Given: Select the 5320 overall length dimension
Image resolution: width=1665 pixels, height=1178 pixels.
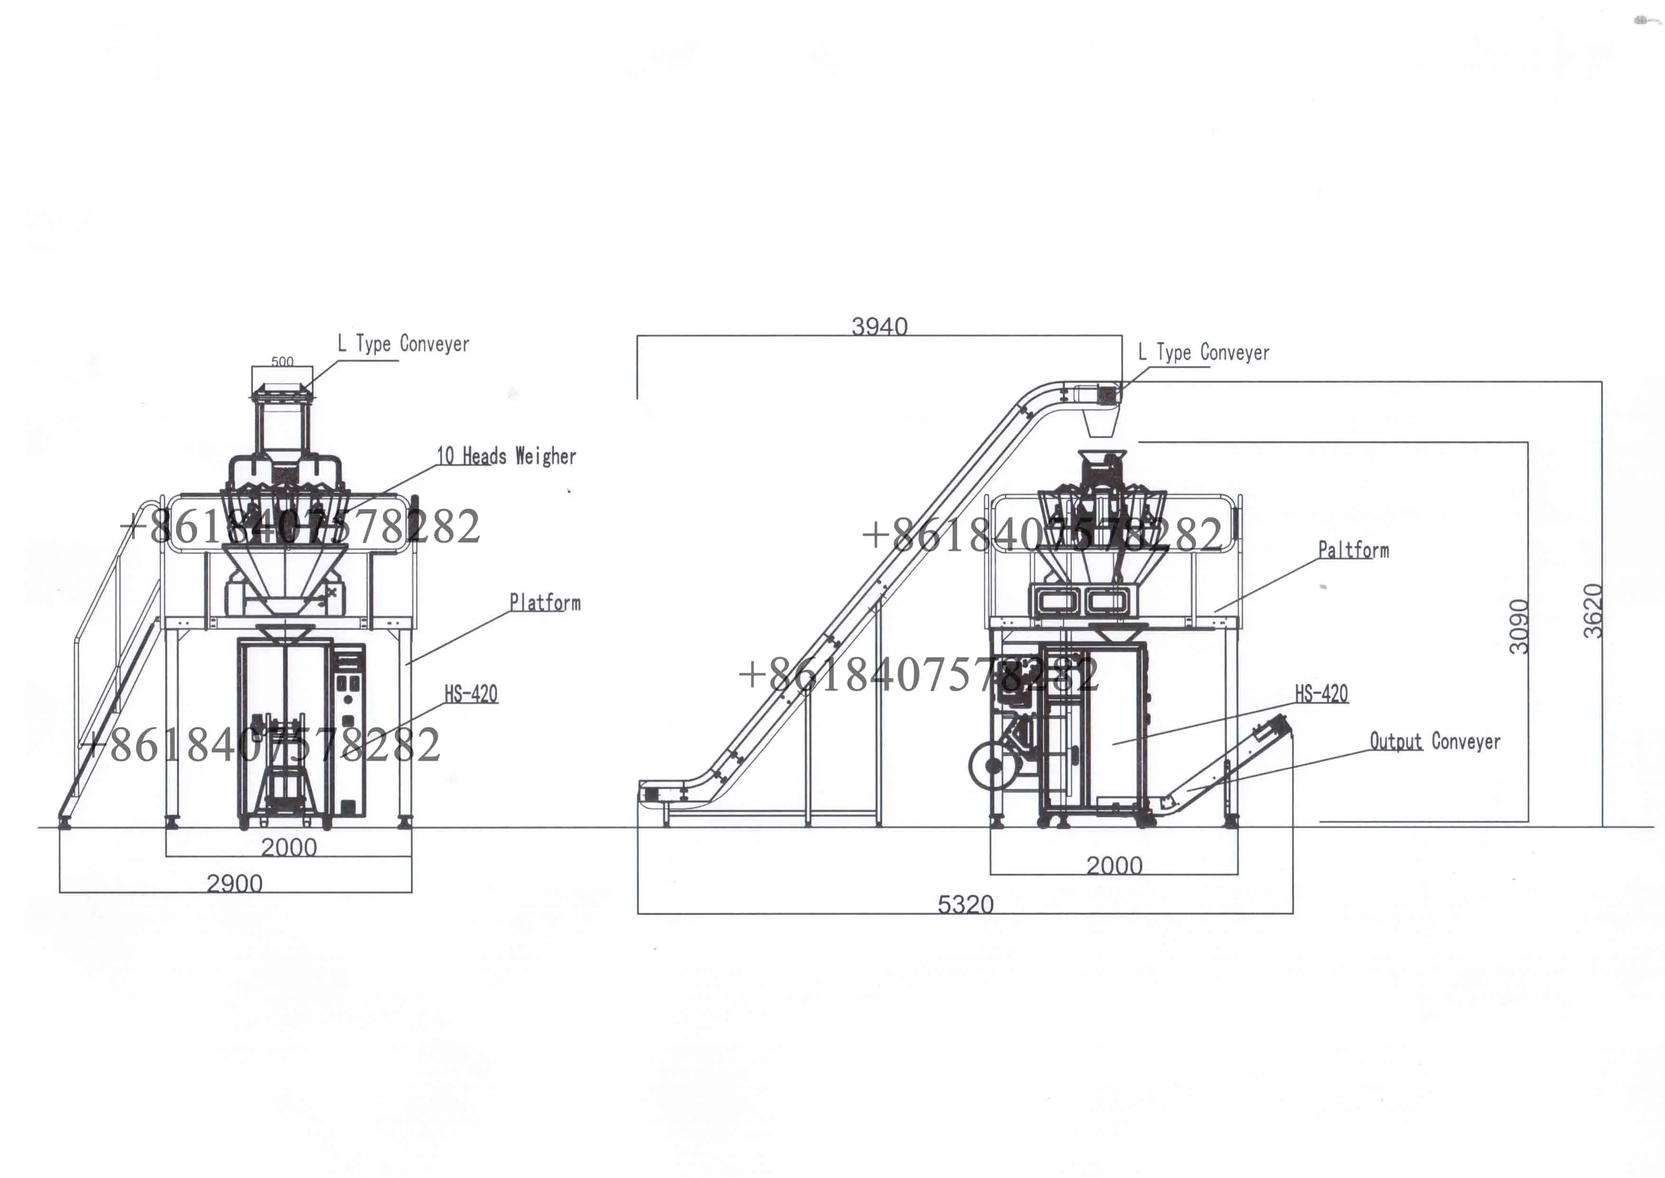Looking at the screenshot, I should tap(965, 905).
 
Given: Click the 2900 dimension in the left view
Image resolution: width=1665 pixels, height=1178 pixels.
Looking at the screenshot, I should tap(234, 884).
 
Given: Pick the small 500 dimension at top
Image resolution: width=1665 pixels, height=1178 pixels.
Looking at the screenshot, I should tap(282, 361).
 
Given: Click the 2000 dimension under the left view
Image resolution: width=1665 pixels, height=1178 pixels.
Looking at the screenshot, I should tap(289, 847).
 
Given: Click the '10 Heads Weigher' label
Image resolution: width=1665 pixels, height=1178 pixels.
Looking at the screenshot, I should tap(506, 456).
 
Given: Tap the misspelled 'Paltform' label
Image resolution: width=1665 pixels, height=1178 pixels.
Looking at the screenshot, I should tap(1353, 550).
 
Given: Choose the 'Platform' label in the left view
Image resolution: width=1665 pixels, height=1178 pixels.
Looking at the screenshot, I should tap(545, 602).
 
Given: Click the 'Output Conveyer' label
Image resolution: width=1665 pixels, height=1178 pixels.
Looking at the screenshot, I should tap(1434, 741).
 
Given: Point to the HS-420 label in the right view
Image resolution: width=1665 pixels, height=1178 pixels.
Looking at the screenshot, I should tap(1321, 693).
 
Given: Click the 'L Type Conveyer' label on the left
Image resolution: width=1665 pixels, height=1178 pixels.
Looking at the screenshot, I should tap(403, 344).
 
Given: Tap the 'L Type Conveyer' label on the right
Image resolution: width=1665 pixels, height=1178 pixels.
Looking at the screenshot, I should tap(1204, 352).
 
